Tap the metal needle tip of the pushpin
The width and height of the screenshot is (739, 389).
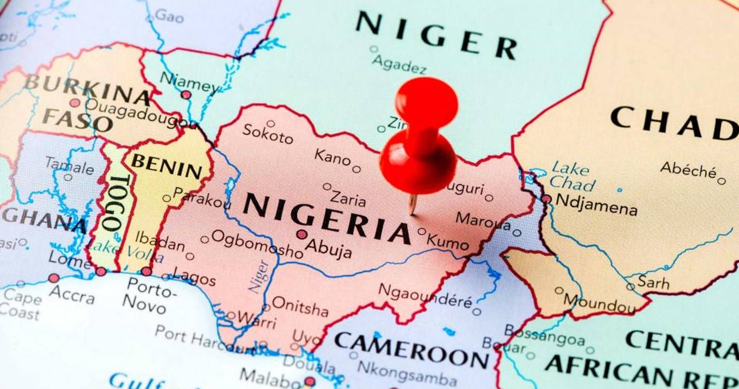point(412,211)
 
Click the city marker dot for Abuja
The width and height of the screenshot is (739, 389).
point(302,234)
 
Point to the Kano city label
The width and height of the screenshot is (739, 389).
point(332,156)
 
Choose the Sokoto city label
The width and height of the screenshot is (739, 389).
point(268,134)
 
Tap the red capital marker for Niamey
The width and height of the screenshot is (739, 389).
point(186,94)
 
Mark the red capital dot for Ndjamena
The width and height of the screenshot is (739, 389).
point(546,199)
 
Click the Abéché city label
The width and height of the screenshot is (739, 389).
point(688,170)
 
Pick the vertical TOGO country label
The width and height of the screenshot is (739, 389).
point(116,203)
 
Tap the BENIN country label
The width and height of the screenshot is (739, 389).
point(166,166)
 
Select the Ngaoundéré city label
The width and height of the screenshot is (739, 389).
point(425,296)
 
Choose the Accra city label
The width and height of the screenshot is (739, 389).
point(72,294)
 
